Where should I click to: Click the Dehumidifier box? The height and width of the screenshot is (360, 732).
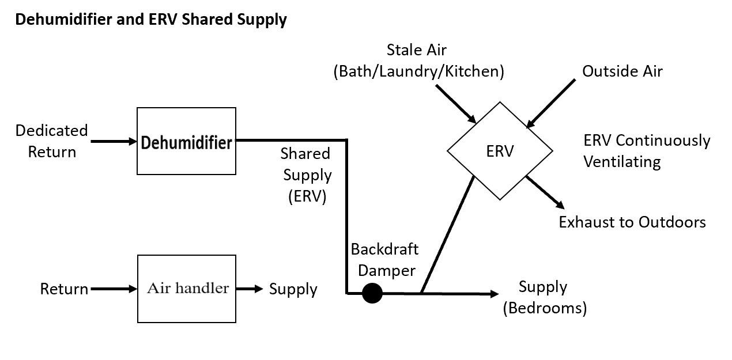186,141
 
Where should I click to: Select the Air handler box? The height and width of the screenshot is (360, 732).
186,289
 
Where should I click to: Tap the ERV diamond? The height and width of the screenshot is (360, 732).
500,151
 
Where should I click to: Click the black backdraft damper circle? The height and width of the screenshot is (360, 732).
372,294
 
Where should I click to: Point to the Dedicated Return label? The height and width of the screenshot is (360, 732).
52,141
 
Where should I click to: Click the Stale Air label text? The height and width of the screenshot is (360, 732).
416,50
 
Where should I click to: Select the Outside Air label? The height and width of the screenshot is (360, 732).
622,71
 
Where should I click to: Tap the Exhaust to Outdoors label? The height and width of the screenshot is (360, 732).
632,222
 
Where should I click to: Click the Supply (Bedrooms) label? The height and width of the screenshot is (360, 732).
544,297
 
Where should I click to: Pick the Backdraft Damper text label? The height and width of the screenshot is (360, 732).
384,260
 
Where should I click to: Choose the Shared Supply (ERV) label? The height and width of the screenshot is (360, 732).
306,175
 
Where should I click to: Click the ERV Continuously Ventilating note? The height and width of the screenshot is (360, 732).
647,151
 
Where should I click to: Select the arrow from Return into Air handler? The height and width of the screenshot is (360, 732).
114,289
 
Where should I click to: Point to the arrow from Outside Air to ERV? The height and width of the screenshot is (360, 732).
551,103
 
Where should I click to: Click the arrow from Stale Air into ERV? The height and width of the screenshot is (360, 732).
455,104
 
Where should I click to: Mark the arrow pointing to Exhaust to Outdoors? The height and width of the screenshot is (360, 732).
544,191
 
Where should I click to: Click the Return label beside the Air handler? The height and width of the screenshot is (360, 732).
64,289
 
